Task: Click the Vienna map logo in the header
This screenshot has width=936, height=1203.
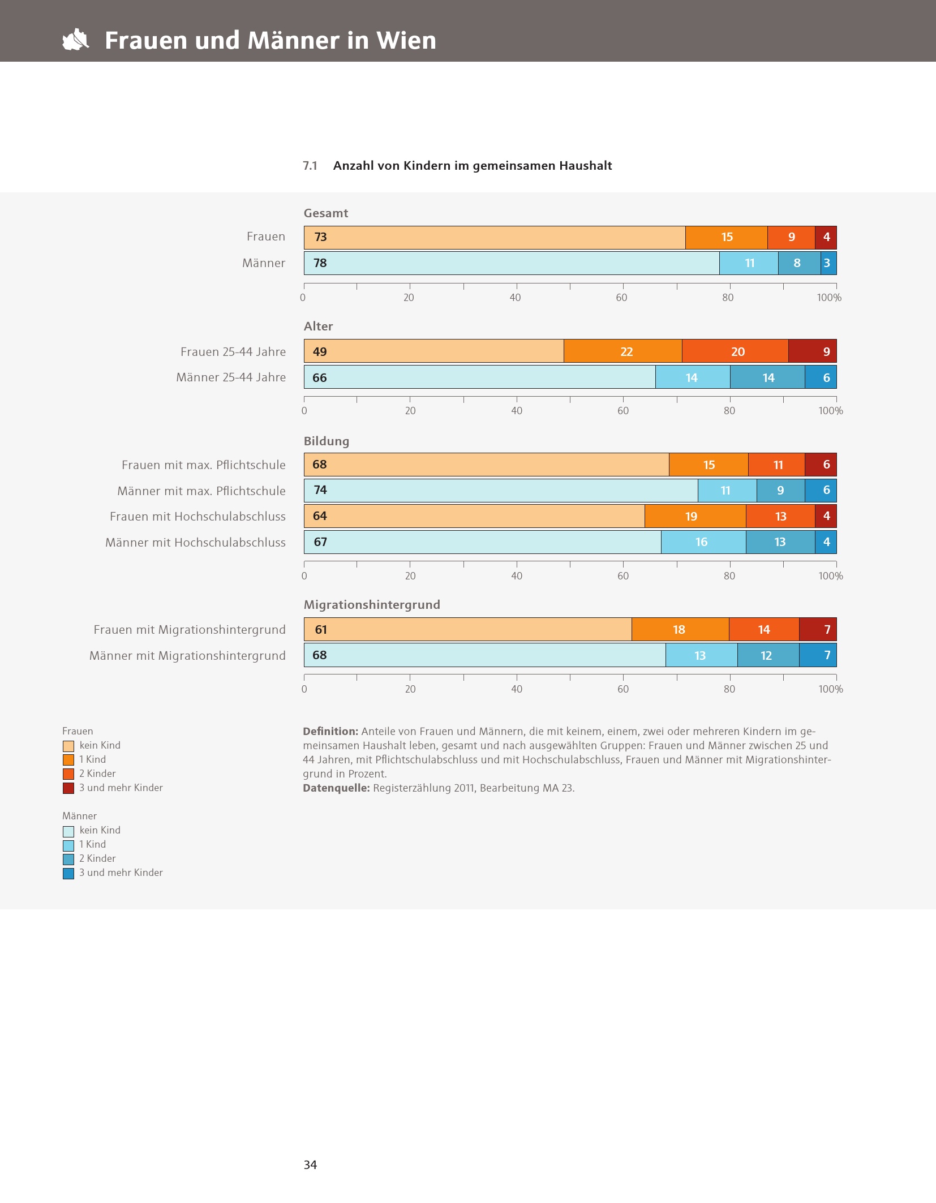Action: (x=76, y=40)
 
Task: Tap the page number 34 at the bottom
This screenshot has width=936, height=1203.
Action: (x=310, y=1165)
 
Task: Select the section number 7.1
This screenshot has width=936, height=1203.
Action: (x=310, y=166)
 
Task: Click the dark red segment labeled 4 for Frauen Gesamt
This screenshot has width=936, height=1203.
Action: (x=826, y=238)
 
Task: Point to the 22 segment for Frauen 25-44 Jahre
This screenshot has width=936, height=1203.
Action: (x=623, y=351)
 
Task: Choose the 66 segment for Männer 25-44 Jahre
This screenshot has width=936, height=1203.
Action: (x=480, y=377)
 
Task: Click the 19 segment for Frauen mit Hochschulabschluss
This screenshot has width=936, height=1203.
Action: (x=695, y=516)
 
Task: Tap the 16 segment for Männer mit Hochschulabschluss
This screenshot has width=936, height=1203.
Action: (x=703, y=542)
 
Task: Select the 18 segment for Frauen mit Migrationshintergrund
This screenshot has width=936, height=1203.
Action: (x=680, y=629)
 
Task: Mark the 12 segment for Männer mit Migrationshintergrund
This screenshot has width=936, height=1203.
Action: (x=768, y=655)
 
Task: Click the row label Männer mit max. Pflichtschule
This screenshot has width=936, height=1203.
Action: (x=201, y=491)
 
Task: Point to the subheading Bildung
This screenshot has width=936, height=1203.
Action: (x=327, y=441)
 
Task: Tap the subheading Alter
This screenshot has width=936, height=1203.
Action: (x=318, y=326)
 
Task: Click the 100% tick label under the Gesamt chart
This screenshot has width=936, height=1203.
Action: (x=829, y=298)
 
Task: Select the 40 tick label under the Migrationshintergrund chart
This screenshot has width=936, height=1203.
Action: (x=517, y=689)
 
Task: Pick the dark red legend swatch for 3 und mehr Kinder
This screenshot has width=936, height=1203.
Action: (x=68, y=788)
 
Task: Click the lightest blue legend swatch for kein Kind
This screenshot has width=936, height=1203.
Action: (x=68, y=831)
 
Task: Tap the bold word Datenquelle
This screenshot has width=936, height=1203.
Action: (x=336, y=788)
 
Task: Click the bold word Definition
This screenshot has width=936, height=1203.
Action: (x=330, y=732)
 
